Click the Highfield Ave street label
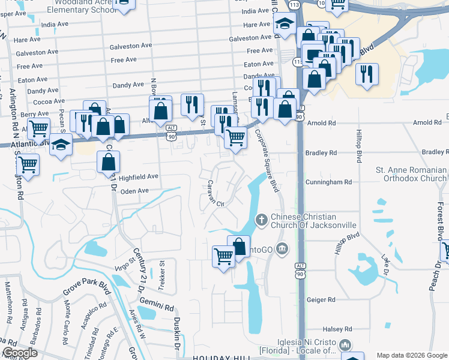139,177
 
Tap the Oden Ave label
134,191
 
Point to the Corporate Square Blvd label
268,161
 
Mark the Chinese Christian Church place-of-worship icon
261,220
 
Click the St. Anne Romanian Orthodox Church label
411,174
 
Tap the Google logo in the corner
20,353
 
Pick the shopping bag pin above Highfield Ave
108,161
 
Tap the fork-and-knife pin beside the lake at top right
366,74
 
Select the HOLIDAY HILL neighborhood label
221,358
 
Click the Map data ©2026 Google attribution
411,355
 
